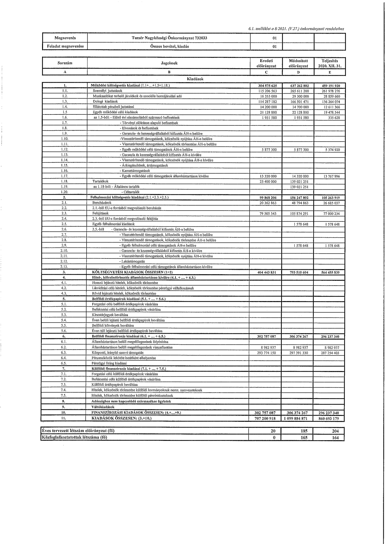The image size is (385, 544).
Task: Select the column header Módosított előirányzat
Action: [298, 63]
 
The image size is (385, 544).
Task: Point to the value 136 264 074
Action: [330, 102]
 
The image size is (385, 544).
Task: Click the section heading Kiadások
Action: [195, 79]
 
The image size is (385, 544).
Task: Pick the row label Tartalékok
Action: [100, 181]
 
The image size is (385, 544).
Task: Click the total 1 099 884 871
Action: [298, 418]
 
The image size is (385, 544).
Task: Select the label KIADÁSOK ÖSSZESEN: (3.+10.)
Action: [121, 418]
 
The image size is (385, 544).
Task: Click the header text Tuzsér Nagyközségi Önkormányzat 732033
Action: [169, 38]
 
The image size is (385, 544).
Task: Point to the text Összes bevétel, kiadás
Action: [169, 46]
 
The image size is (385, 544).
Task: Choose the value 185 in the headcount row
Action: [304, 431]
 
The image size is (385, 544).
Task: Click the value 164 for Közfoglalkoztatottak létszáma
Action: [335, 438]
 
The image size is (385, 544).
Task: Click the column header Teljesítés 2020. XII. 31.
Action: [330, 63]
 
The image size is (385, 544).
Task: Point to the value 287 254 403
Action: [330, 353]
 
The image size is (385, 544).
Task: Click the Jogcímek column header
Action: [169, 63]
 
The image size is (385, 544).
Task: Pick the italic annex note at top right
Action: [296, 29]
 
